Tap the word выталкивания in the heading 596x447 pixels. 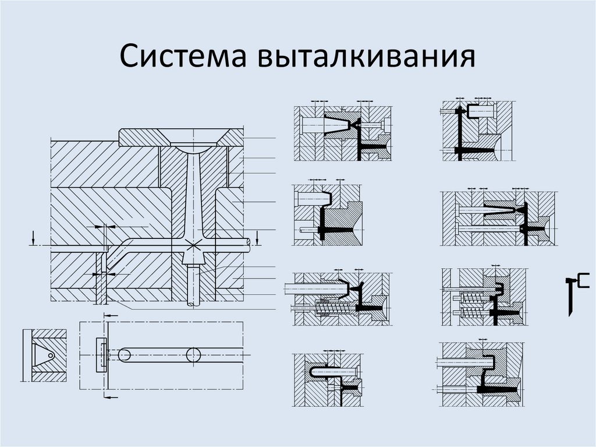pos(367,56)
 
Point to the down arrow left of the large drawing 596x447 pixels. pos(34,237)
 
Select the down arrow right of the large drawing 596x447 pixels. pos(257,237)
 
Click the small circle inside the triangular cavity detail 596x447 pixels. pos(51,356)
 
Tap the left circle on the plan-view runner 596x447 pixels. pos(125,355)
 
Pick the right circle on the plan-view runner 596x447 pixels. pos(193,355)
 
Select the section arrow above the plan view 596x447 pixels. pos(111,316)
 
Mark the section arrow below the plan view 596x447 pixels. pos(111,397)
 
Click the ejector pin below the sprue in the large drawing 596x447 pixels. pos(193,285)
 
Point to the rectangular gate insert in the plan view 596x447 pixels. pos(101,355)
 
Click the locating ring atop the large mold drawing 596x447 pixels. pos(181,138)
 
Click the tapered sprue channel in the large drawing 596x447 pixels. pos(193,194)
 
